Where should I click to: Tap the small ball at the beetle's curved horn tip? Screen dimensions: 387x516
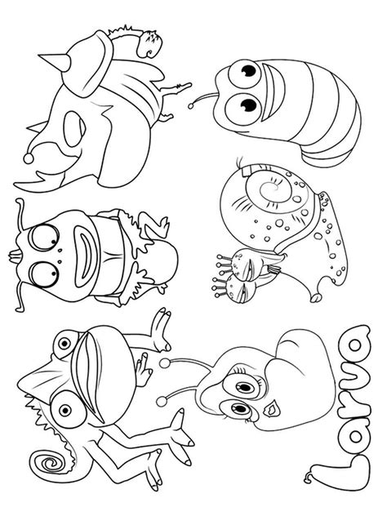[x=29, y=159]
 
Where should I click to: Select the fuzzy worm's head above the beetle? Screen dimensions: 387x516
[x=150, y=43]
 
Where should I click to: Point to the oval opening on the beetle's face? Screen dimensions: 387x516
[x=74, y=129]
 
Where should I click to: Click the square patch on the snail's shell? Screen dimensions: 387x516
[x=248, y=171]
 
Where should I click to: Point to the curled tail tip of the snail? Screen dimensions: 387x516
[x=316, y=296]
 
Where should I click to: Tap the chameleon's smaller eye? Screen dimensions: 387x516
[x=64, y=344]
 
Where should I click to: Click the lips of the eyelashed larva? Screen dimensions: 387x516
[x=272, y=409]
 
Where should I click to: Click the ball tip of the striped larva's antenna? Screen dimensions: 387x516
[x=191, y=105]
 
